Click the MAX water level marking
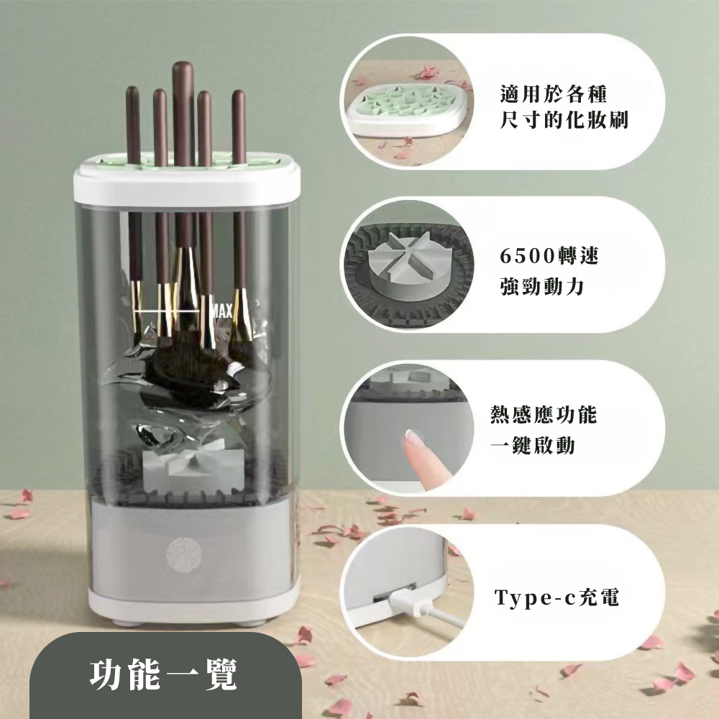[222, 311]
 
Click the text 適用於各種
[554, 94]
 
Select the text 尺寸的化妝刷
[564, 120]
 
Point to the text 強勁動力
[542, 286]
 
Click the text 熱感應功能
[544, 414]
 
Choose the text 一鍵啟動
[532, 444]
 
